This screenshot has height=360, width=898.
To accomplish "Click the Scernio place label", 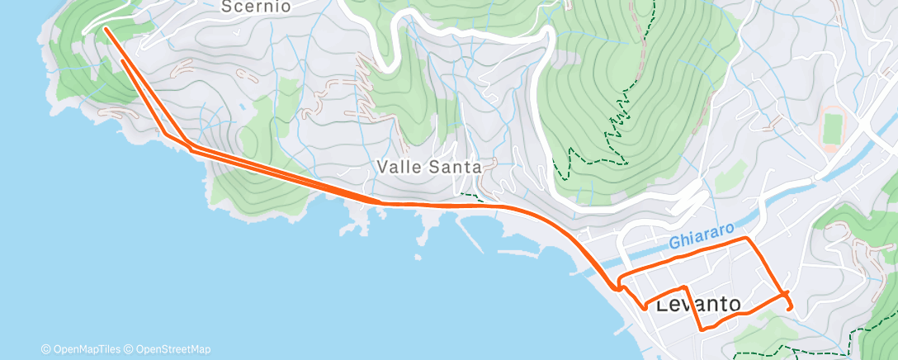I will pyautogui.click(x=257, y=7).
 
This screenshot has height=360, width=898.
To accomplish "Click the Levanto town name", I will pyautogui.click(x=698, y=304).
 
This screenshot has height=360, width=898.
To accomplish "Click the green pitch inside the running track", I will pyautogui.click(x=832, y=129).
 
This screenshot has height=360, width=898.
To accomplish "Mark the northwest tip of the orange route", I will pyautogui.click(x=106, y=29).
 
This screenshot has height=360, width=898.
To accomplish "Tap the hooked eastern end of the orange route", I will pyautogui.click(x=790, y=308).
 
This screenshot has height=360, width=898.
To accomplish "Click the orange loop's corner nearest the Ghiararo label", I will pyautogui.click(x=748, y=239).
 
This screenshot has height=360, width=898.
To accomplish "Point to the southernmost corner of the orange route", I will pyautogui.click(x=702, y=329).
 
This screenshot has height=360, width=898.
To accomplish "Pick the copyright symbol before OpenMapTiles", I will pyautogui.click(x=45, y=349).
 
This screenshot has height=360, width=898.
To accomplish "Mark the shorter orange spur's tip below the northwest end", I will pyautogui.click(x=123, y=60).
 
